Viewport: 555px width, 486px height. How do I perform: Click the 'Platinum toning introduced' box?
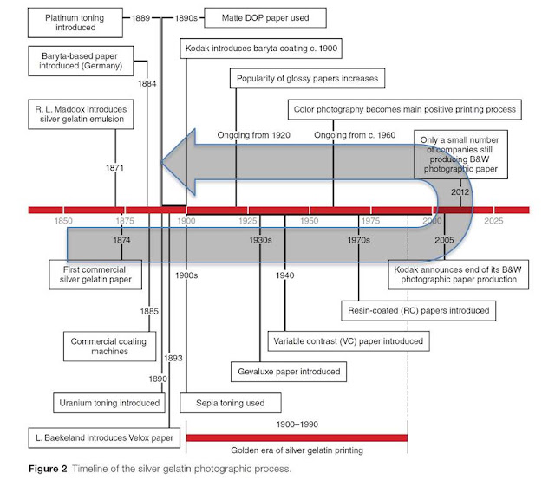[x=75, y=23]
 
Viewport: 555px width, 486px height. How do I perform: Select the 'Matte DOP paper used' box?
[x=265, y=18]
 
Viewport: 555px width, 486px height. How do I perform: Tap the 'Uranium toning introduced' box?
[x=109, y=403]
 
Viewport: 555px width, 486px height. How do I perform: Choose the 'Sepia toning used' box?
[x=231, y=403]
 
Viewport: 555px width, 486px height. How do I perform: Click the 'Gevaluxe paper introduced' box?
[x=289, y=372]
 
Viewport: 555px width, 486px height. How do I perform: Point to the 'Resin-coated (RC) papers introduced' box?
[x=418, y=310]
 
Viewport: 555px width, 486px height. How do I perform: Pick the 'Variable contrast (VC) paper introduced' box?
[x=349, y=341]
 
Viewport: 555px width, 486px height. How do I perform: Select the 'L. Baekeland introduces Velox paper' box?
[x=104, y=437]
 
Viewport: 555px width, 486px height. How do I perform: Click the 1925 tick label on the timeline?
[x=248, y=221]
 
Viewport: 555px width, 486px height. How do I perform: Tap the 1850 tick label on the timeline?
[x=63, y=221]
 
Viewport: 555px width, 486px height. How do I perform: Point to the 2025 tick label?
[x=493, y=221]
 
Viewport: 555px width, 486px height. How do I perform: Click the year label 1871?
[x=114, y=168]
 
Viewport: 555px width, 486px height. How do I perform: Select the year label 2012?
[x=460, y=192]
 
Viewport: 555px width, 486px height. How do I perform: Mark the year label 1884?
[x=147, y=84]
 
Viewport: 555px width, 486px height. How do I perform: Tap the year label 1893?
[x=173, y=359]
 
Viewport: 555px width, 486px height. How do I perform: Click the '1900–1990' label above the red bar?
[x=297, y=424]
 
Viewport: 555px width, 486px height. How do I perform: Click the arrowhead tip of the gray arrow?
[x=160, y=162]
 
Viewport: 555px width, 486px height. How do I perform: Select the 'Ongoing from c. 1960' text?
[x=355, y=135]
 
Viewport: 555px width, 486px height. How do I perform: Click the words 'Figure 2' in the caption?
[x=48, y=469]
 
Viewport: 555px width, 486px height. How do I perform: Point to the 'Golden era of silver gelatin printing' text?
[x=297, y=450]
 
